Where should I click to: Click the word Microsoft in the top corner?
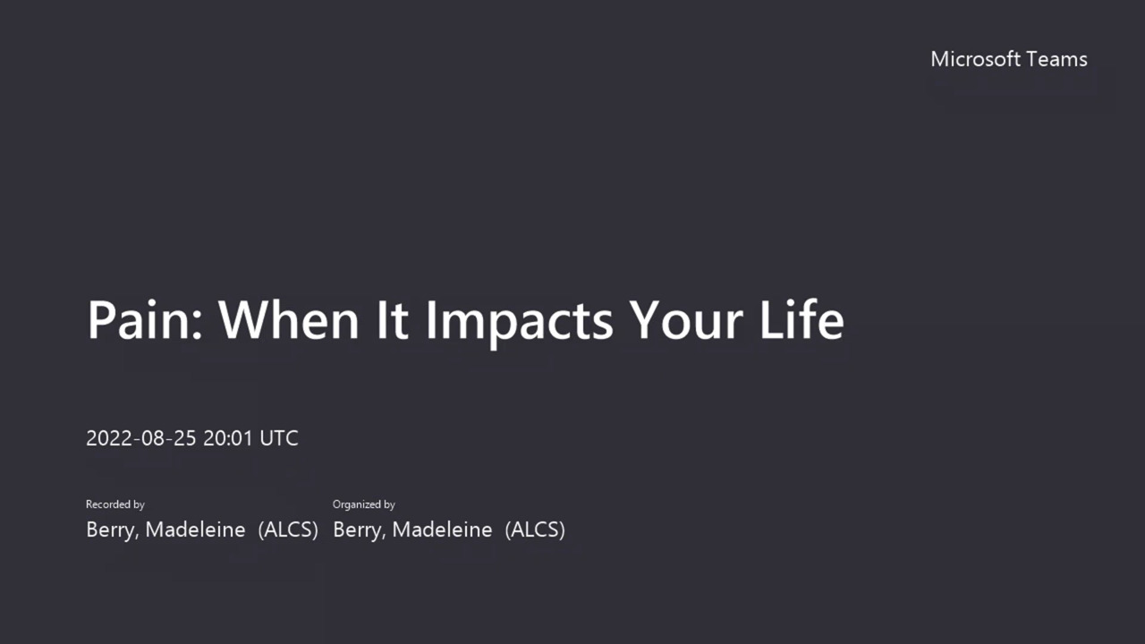(975, 59)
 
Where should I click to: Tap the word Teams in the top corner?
(1056, 59)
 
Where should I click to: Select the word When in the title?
(289, 320)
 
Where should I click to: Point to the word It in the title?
(393, 320)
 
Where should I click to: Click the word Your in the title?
(685, 320)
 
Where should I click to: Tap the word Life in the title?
(802, 320)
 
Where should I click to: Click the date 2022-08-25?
(141, 438)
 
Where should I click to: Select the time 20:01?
(228, 438)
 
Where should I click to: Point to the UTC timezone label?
(279, 438)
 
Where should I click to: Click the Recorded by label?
(115, 504)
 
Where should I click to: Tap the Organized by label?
(363, 504)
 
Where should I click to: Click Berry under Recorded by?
(113, 530)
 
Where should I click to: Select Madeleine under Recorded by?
(195, 530)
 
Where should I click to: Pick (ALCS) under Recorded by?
(288, 530)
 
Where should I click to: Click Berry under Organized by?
(360, 530)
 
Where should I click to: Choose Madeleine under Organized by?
(442, 530)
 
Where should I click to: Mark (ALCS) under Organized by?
(535, 530)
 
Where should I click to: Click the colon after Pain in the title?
(199, 325)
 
